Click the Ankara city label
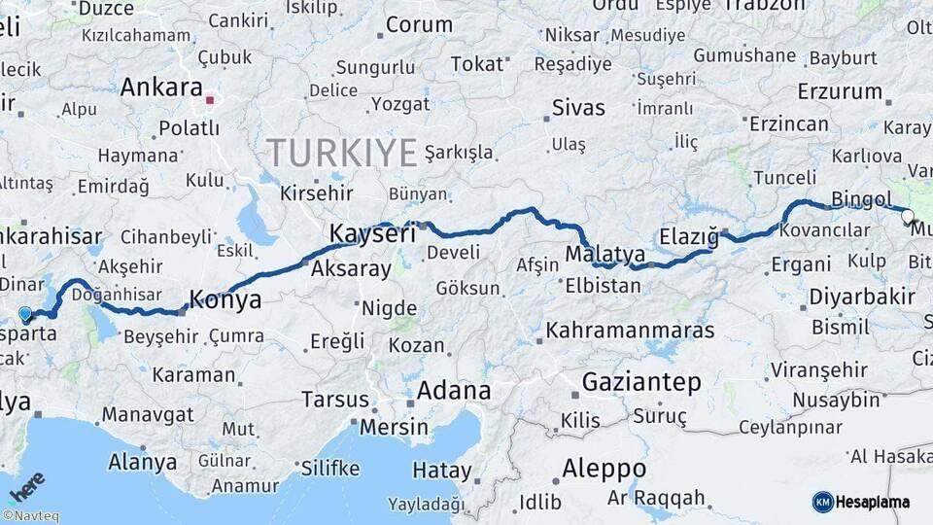click(161, 87)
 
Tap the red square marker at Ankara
click(210, 100)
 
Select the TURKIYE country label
click(342, 153)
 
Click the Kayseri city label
click(372, 233)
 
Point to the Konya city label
click(225, 299)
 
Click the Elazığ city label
click(688, 236)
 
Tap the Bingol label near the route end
click(861, 199)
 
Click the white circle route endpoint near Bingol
click(907, 216)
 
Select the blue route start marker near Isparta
click(25, 314)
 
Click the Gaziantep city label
click(641, 382)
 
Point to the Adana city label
click(453, 391)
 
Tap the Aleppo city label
click(603, 469)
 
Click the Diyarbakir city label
click(849, 296)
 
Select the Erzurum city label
click(839, 91)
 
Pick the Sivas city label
click(577, 107)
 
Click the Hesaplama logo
click(861, 502)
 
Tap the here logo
click(26, 486)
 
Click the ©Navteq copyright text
click(30, 516)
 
